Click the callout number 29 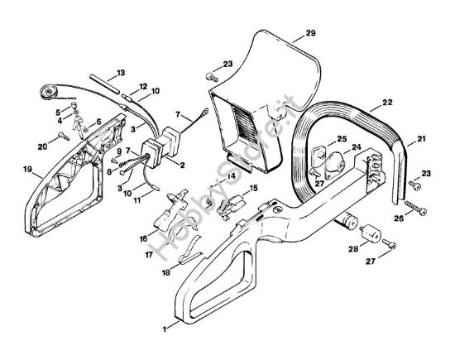pos(310,33)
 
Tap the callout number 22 pos(387,102)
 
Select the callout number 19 pos(27,169)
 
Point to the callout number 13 pos(120,73)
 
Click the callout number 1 pos(165,329)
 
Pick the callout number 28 pos(353,249)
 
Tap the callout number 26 pos(399,218)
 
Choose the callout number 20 pos(42,147)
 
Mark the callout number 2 pos(182,166)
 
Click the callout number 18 pos(166,273)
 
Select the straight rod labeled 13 pos(105,84)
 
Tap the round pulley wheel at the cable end pos(49,92)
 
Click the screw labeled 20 pos(65,136)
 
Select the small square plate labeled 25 pos(318,154)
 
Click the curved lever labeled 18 pos(189,251)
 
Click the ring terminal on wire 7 pos(205,111)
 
